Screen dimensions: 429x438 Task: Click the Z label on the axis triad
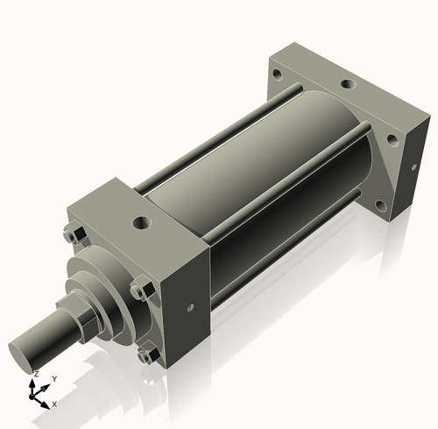pos(35,374)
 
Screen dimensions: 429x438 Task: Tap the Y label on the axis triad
pos(53,379)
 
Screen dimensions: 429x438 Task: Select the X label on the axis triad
pos(55,404)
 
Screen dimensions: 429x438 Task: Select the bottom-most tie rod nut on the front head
pos(146,355)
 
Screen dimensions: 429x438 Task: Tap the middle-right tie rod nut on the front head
pos(138,291)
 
